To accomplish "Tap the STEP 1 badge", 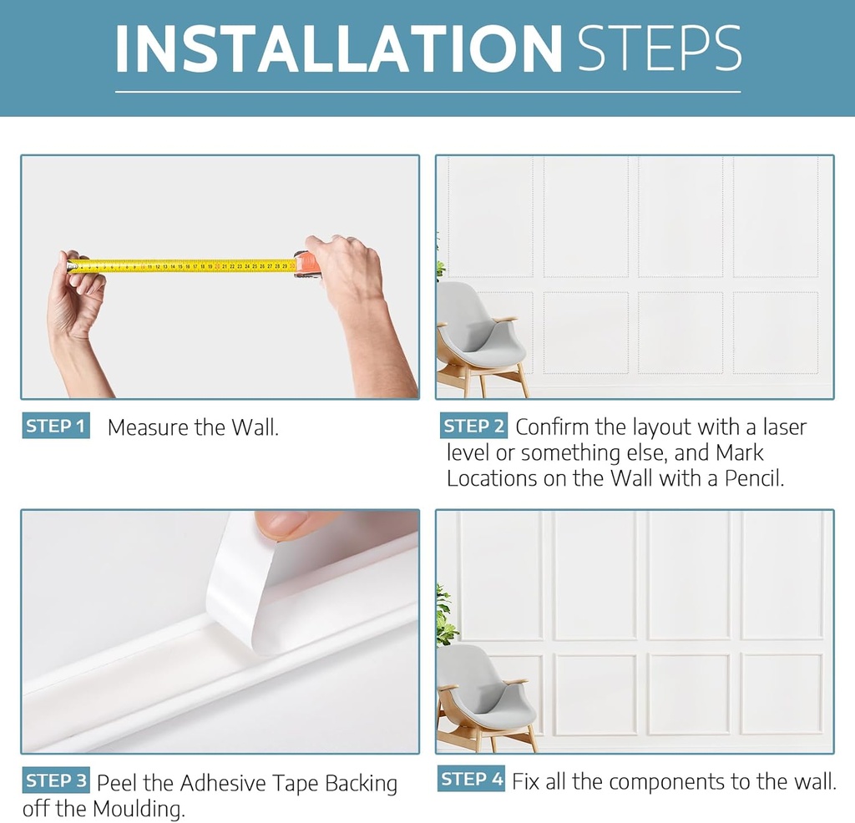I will click(55, 427).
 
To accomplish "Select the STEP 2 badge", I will click(473, 427).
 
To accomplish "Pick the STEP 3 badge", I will click(55, 781).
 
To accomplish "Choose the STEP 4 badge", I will click(472, 780).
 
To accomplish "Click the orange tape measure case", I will click(306, 264).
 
